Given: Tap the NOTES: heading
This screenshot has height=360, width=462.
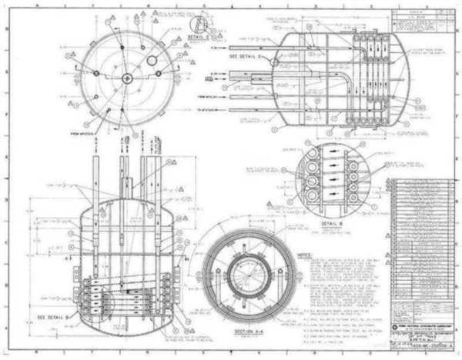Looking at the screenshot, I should tap(305, 253).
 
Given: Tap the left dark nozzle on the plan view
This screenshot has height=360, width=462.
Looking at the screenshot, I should tap(96, 73).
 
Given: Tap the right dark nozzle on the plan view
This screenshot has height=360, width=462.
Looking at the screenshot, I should tap(158, 73).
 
